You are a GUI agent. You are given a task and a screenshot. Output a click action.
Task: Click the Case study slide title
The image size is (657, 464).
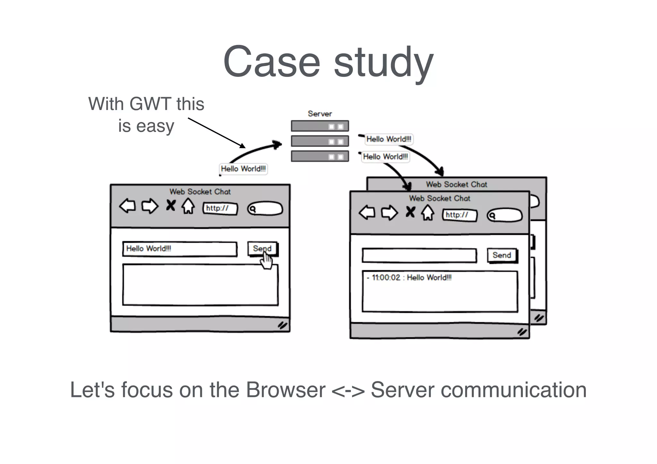[x=328, y=62]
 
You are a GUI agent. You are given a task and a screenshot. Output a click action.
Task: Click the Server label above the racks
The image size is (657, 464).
[x=320, y=114]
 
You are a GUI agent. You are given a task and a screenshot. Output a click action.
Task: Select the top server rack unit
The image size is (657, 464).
[x=320, y=126]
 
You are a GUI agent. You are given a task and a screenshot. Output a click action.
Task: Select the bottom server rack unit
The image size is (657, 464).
[x=320, y=156]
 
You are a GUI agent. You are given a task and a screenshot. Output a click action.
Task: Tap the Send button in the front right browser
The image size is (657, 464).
[x=502, y=256]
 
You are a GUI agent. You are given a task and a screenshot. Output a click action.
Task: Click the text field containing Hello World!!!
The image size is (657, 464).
[x=180, y=249]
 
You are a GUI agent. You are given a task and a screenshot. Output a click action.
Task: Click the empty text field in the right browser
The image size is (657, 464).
[x=419, y=256]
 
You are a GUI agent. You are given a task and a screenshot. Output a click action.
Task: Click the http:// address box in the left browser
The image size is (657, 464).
[x=220, y=208]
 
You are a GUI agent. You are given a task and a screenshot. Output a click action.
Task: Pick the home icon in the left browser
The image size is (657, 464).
[x=188, y=206]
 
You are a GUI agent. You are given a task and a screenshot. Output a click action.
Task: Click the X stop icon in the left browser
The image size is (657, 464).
[x=171, y=205]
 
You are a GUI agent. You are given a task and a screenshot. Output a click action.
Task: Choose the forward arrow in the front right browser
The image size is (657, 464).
[x=389, y=213]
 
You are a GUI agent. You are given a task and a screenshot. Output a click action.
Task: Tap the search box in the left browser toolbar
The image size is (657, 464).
[x=265, y=209]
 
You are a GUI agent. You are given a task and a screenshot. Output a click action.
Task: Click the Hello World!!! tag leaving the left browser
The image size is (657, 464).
[x=243, y=169]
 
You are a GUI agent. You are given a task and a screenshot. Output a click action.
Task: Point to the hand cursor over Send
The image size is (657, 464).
[x=266, y=261]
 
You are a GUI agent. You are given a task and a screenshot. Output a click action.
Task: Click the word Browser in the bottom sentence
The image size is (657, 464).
[x=286, y=390]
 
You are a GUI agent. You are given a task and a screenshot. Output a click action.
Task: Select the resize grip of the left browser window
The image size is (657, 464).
[x=282, y=325]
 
